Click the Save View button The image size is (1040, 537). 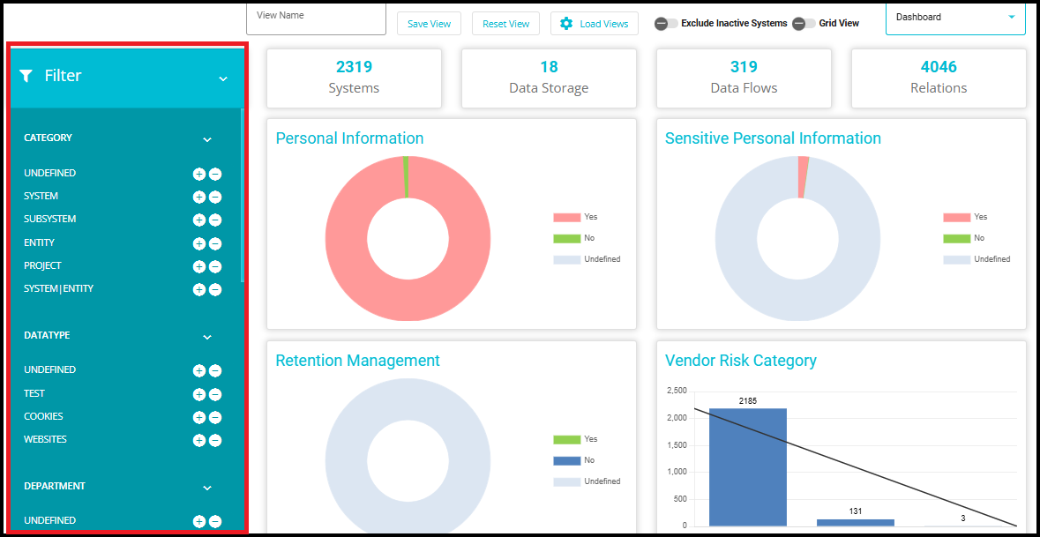[x=429, y=24]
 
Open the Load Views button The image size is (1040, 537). [x=594, y=24]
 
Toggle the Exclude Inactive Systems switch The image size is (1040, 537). [x=666, y=24]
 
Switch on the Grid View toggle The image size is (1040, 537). [x=804, y=24]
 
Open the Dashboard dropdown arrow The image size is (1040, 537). [x=1011, y=17]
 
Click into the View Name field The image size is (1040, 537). [x=317, y=19]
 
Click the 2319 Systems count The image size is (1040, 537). [x=354, y=67]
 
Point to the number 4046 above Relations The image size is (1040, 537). [x=939, y=67]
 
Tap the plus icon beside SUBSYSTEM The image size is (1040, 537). [x=199, y=220]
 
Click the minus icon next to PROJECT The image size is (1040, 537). [x=215, y=266]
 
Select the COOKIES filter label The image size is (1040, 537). [x=44, y=416]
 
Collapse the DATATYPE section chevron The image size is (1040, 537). [x=207, y=337]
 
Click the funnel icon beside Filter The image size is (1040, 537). [x=26, y=76]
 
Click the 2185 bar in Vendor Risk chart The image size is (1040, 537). [x=747, y=466]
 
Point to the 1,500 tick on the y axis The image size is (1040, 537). [x=676, y=444]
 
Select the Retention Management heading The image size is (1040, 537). [x=357, y=361]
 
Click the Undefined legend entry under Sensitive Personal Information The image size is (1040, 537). [x=991, y=259]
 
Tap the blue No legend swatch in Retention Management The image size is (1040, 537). [x=566, y=460]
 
